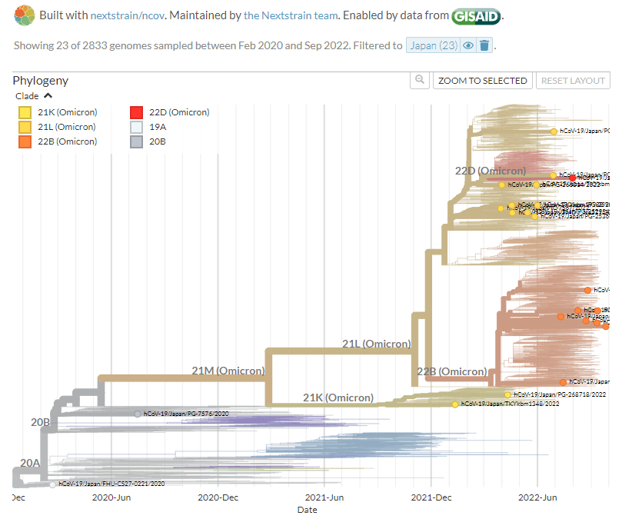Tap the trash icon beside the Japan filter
484,45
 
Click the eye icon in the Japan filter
468,45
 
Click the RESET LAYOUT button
573,80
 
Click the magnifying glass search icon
419,80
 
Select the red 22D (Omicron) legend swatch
137,112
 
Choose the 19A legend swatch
137,127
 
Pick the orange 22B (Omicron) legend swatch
25,141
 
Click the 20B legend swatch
137,141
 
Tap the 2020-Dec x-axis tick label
218,497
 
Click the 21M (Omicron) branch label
228,371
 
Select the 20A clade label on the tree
30,462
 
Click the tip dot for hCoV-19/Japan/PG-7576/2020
138,414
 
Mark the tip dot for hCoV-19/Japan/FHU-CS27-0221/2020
52,484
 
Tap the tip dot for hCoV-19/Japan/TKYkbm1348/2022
455,404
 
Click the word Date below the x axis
307,510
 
